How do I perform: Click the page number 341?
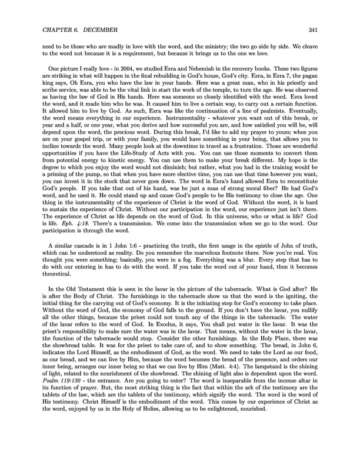click(321, 30)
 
